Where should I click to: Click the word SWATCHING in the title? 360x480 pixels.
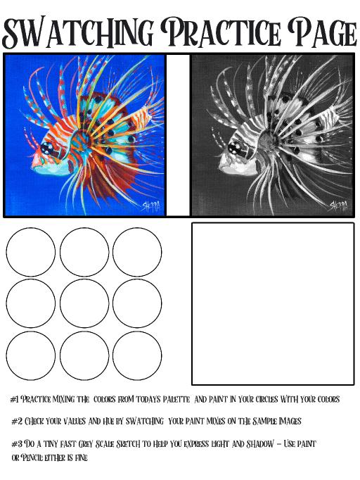coord(77,32)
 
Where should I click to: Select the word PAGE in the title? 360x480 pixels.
coord(323,32)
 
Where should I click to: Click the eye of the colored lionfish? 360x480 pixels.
coord(47,149)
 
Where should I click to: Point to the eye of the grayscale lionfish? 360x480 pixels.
coord(235,149)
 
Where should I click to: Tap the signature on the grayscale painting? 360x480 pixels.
coord(339,206)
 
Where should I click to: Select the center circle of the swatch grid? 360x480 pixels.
coord(84,303)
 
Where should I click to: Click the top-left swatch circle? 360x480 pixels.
coord(31,252)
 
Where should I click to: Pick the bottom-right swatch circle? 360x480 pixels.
coord(137,355)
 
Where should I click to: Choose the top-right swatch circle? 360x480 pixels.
coord(137,252)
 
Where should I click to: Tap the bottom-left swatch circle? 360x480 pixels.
coord(31,355)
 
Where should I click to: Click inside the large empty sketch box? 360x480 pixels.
coord(273,303)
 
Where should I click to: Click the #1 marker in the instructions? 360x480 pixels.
coord(15,399)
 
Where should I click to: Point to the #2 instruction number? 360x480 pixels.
coord(16,421)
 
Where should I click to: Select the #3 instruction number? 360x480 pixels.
coord(16,443)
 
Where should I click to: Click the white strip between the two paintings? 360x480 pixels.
coord(178,135)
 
